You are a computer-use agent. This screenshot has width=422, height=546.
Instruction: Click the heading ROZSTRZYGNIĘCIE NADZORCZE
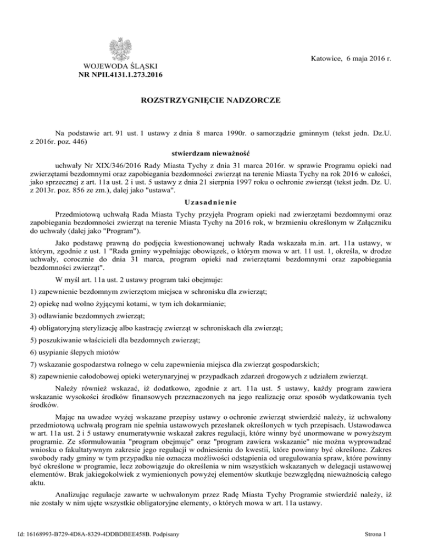click(x=211, y=101)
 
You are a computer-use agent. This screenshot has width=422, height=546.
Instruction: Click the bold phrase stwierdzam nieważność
click(x=211, y=153)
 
